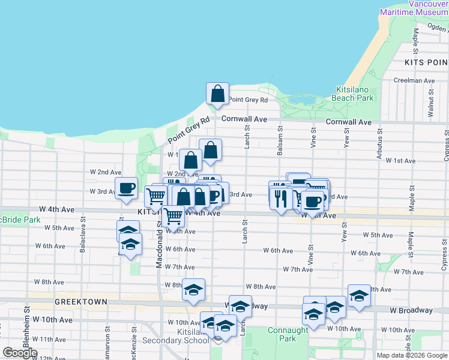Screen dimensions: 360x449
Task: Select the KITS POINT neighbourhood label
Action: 427,62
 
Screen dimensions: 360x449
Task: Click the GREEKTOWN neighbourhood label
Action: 80,302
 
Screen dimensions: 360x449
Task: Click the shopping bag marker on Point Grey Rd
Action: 217,94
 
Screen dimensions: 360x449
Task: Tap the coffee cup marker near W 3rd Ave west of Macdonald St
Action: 126,188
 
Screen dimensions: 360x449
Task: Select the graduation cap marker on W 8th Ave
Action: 193,290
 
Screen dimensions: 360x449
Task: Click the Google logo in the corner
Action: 20,352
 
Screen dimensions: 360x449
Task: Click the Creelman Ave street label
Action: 413,80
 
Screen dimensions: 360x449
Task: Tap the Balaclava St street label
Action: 82,238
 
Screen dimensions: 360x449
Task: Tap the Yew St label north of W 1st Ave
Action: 346,139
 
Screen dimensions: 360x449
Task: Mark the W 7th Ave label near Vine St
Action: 298,269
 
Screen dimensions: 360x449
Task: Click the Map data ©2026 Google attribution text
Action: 411,355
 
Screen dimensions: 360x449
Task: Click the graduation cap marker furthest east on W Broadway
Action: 359,296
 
